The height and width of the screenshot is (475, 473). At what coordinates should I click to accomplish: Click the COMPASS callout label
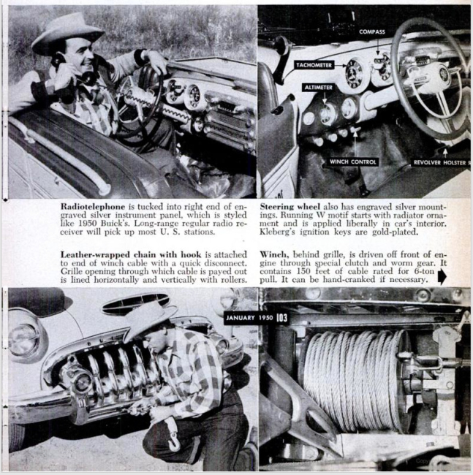click(x=371, y=32)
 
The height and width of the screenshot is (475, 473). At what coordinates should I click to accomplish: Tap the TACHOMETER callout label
click(x=314, y=65)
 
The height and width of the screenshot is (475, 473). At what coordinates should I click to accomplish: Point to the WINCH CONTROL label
click(x=353, y=161)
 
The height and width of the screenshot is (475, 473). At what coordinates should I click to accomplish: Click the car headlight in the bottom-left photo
click(x=25, y=339)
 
